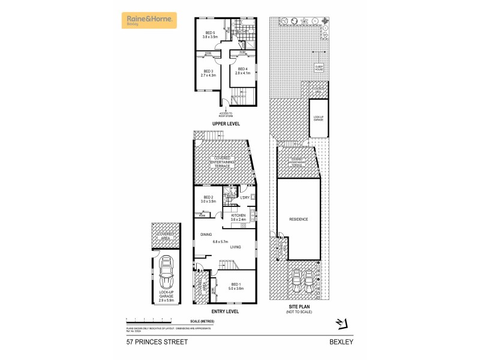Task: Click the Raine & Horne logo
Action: pos(149,20)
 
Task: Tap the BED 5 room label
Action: pos(210,33)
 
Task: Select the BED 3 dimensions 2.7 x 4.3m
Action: pos(208,75)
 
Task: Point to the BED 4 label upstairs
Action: pos(242,69)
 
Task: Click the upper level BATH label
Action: pos(248,32)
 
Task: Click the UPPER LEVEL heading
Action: pos(226,124)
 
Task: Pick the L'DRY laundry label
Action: pos(245,197)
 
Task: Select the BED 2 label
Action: pos(208,197)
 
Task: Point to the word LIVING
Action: pos(236,247)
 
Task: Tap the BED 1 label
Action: pos(236,284)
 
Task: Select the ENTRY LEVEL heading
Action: pos(226,312)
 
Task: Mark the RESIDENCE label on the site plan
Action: pos(298,220)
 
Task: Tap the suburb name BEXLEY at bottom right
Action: pos(341,342)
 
